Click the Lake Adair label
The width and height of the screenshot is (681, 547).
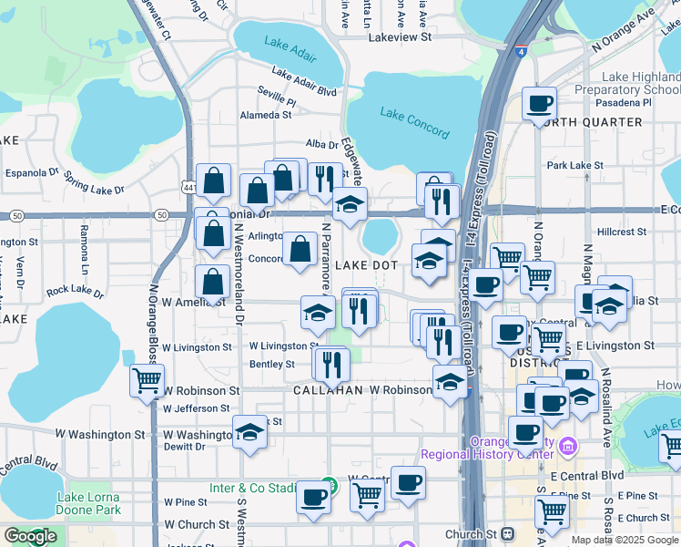288,43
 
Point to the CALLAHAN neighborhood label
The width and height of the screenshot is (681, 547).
329,389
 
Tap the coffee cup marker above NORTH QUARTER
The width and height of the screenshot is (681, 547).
540,104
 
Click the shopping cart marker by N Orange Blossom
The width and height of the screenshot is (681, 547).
147,380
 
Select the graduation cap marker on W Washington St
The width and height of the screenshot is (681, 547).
249,432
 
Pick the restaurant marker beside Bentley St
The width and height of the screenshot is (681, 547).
331,364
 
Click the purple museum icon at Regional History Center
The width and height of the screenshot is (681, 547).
568,446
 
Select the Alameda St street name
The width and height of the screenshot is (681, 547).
265,115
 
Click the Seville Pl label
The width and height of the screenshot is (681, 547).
276,93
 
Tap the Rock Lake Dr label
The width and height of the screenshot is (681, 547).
76,290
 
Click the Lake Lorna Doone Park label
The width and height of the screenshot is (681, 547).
88,503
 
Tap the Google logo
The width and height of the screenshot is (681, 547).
30,536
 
